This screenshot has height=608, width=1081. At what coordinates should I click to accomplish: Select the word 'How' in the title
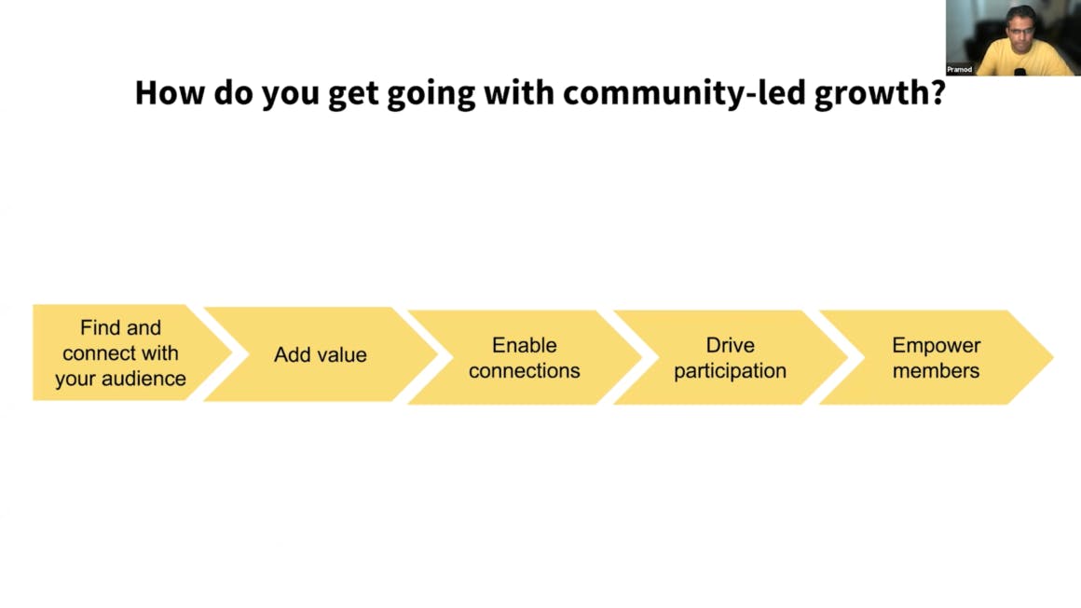click(x=170, y=92)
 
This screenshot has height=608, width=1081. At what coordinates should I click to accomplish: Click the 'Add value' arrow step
click(x=320, y=354)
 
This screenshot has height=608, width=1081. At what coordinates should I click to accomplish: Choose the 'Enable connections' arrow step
click(x=524, y=357)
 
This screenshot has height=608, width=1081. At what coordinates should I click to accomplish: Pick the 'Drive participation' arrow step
click(x=730, y=357)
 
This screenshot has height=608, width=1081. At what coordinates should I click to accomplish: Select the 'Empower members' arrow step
click(x=936, y=357)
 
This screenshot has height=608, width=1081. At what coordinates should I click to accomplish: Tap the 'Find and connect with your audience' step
click(x=131, y=352)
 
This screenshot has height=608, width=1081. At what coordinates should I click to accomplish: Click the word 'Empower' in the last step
click(x=936, y=345)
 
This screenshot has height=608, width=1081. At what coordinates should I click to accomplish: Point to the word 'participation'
click(x=730, y=371)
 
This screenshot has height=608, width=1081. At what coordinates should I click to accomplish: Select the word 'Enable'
click(x=524, y=345)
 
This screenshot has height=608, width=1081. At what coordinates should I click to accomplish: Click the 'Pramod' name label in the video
click(x=959, y=70)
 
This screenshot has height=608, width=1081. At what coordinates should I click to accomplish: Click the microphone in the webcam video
click(x=1019, y=71)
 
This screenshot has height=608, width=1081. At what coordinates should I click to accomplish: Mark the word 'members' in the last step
click(x=936, y=370)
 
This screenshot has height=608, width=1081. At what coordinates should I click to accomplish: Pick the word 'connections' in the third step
click(x=524, y=370)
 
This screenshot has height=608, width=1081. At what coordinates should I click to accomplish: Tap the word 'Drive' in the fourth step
click(x=730, y=345)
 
